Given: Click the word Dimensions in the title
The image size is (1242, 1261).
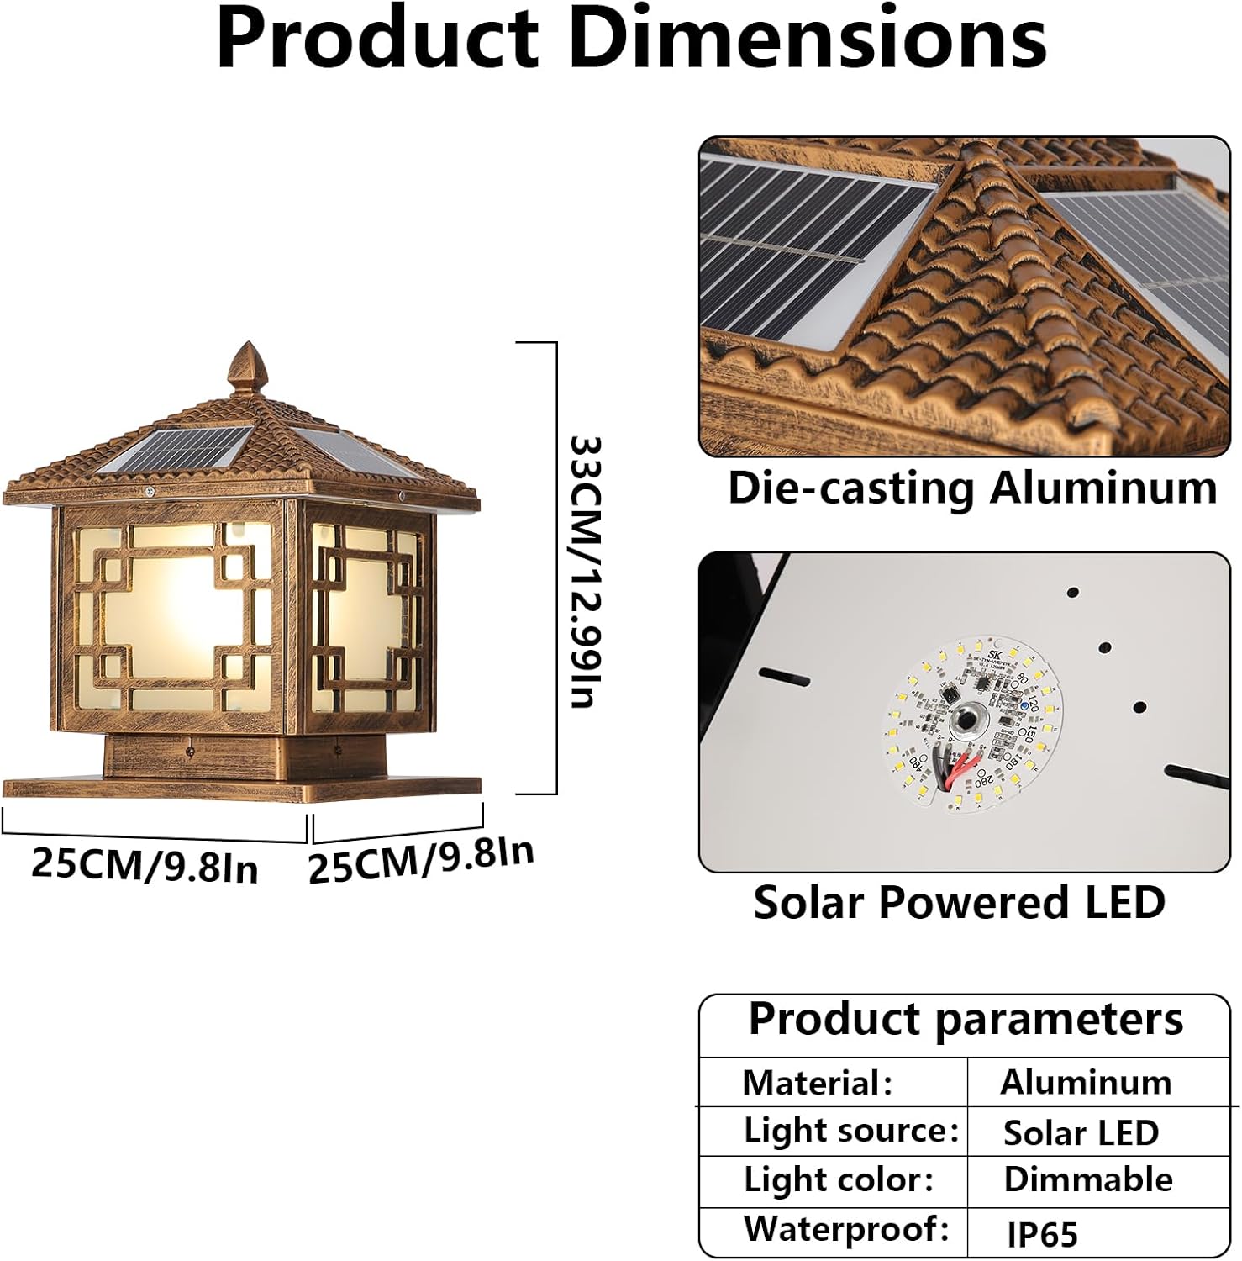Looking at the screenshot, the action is coord(808,39).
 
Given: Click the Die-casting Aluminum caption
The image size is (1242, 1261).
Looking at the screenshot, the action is coord(972,488).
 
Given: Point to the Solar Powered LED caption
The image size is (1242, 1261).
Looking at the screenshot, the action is coord(960,903).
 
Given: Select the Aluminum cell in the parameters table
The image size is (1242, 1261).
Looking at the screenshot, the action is coord(1086,1083).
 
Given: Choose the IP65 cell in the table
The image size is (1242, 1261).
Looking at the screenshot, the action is coord(1042,1234).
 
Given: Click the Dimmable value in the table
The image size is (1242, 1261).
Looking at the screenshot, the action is coord(1088,1180).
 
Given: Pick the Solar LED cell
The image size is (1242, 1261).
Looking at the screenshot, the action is coord(1081,1133).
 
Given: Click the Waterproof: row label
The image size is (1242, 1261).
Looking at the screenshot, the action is coord(846,1229).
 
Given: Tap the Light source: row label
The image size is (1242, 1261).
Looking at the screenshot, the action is coord(850,1131).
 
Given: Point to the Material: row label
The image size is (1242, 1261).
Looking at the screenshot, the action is coord(817,1083).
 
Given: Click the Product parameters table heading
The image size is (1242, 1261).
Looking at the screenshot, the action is coord(966,1020).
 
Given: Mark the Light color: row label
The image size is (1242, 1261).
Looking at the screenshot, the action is coord(839,1180).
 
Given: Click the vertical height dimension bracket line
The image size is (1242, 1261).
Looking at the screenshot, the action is coord(556,567).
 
